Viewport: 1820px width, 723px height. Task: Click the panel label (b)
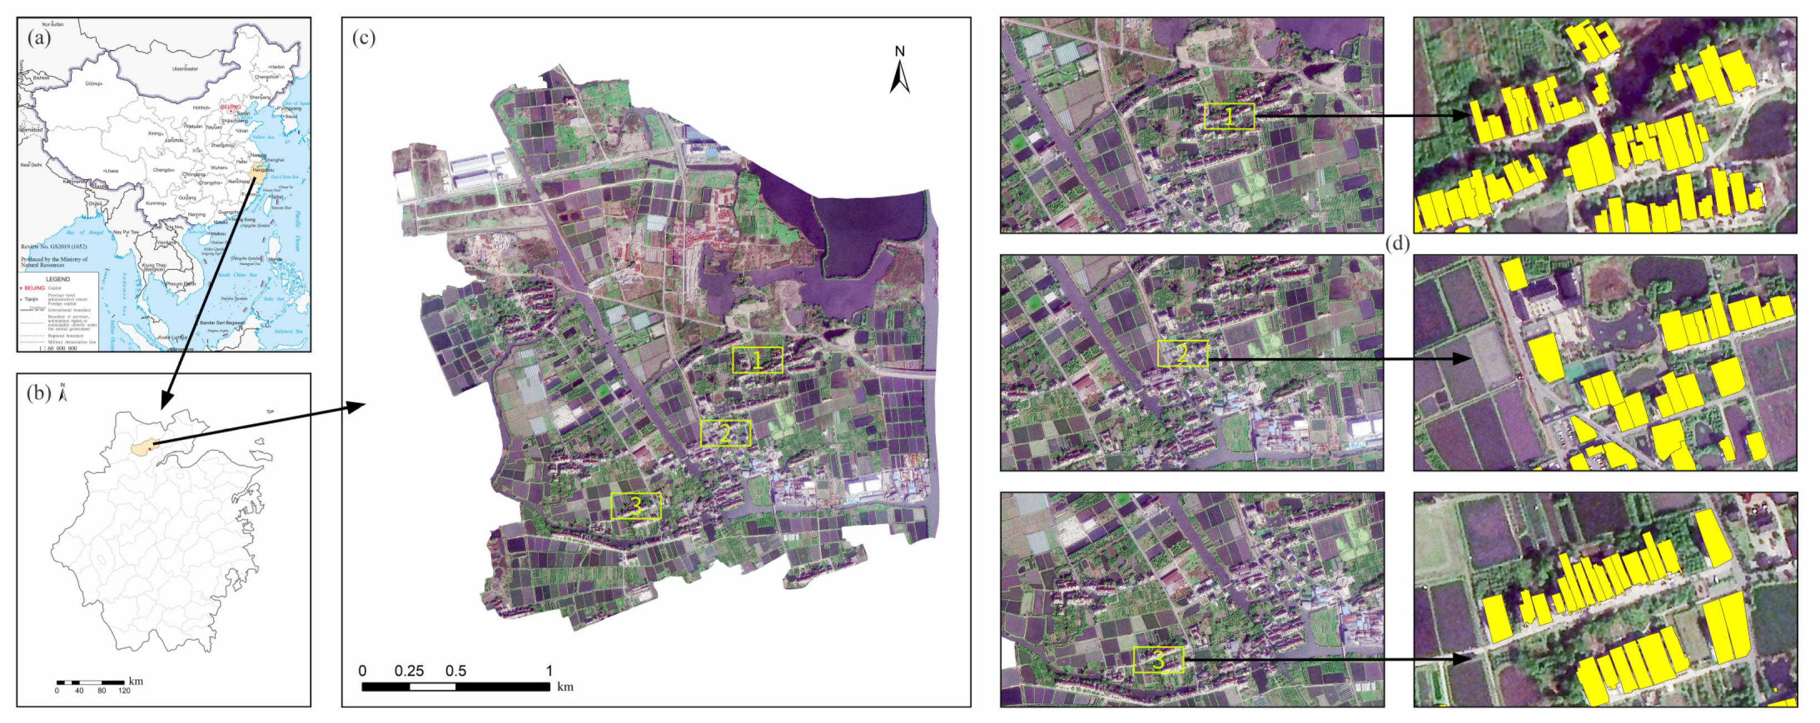click(x=39, y=393)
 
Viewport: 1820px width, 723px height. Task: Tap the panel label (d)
click(x=1398, y=243)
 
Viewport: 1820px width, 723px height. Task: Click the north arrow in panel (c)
click(x=899, y=71)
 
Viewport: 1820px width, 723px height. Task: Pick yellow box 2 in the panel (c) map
click(x=725, y=433)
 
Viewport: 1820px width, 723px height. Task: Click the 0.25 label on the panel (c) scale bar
click(x=409, y=671)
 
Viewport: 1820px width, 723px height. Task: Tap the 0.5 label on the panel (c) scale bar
click(x=456, y=671)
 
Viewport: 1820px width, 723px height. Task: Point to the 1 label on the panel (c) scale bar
click(x=549, y=671)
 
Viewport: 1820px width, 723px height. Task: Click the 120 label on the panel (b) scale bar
click(x=124, y=690)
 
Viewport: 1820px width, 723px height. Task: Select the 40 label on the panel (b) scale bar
click(x=79, y=690)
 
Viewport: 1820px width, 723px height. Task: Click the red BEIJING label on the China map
click(x=230, y=107)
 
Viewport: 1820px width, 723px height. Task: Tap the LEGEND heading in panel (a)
click(x=58, y=279)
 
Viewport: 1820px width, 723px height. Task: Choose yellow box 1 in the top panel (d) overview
click(x=1229, y=117)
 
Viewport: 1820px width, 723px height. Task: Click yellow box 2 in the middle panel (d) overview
click(x=1182, y=353)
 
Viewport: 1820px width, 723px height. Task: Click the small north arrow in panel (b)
click(x=63, y=393)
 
